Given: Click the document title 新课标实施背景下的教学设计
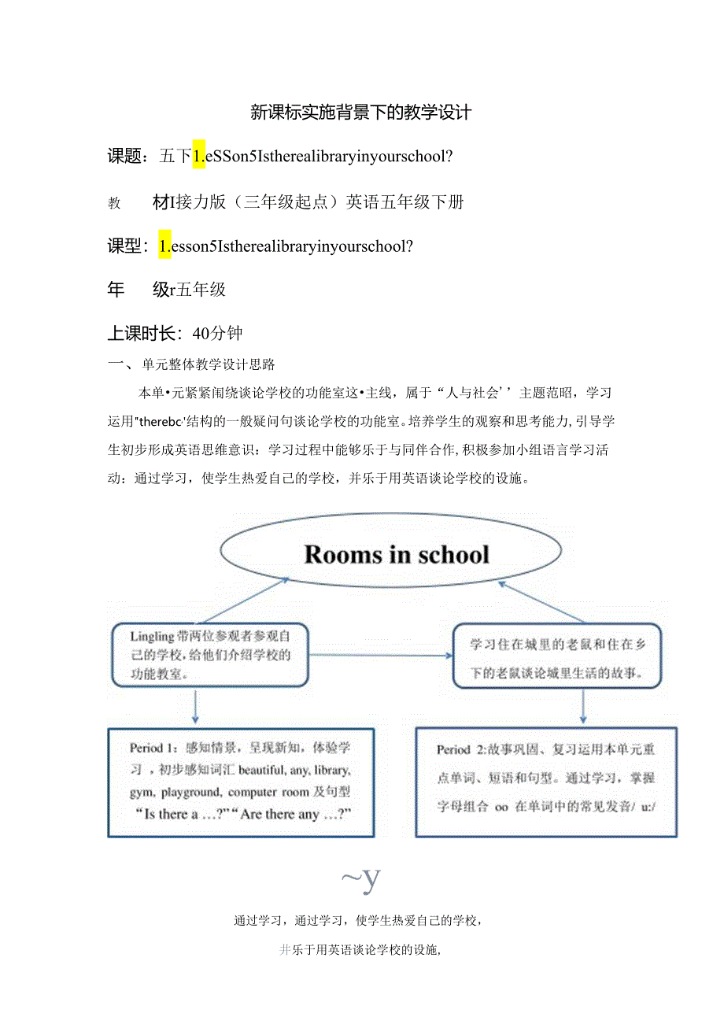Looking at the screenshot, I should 360,113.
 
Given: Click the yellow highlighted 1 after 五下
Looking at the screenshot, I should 199,157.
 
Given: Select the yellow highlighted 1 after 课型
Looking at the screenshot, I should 164,246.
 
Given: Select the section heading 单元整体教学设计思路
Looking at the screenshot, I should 209,365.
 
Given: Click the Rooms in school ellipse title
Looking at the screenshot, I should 396,554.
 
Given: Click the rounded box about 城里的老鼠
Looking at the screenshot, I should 557,656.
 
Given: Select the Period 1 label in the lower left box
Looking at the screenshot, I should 154,748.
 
